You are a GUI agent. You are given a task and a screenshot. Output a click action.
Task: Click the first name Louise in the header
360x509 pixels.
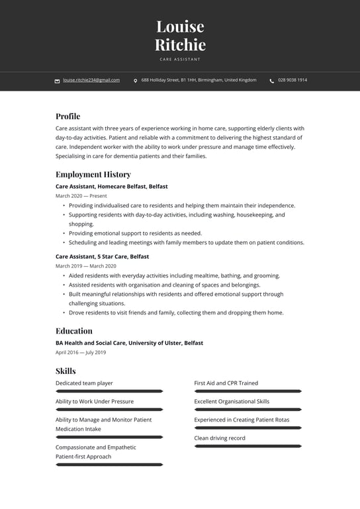tap(180, 26)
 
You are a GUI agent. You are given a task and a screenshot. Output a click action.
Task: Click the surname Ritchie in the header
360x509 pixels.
tap(180, 45)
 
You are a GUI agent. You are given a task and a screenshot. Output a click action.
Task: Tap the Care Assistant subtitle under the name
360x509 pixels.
tap(180, 60)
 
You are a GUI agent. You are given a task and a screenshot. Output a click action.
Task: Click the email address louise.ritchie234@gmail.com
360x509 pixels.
tap(91, 80)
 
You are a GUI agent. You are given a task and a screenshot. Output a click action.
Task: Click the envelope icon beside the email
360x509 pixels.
tap(57, 81)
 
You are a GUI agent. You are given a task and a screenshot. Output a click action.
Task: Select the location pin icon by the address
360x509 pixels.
tap(136, 81)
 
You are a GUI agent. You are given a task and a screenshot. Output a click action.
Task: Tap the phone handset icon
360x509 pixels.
tap(271, 81)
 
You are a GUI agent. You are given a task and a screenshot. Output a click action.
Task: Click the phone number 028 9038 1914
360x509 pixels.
tap(292, 80)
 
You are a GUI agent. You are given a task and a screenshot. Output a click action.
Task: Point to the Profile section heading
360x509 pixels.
tap(67, 116)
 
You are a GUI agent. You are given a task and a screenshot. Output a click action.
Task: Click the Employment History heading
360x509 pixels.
tap(93, 175)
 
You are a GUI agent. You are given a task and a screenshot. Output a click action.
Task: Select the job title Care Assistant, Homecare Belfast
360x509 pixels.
tap(111, 187)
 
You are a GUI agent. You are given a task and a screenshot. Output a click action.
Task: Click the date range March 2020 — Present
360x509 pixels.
tap(81, 196)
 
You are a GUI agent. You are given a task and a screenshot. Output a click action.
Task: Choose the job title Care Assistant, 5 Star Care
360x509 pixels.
tap(102, 256)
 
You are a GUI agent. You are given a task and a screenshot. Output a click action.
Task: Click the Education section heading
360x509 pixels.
tap(73, 331)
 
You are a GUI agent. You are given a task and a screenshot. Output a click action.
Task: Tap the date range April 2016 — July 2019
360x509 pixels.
tap(81, 352)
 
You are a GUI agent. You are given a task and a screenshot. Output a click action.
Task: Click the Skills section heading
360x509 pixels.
tap(66, 371)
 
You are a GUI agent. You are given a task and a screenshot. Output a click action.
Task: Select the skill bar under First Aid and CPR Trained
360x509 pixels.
tap(247, 391)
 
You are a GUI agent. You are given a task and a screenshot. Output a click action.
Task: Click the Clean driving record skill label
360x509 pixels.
tap(219, 438)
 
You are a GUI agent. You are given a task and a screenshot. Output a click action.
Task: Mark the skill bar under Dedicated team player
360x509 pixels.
tap(109, 391)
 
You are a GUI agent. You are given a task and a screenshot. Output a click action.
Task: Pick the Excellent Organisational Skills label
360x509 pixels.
tap(232, 401)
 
